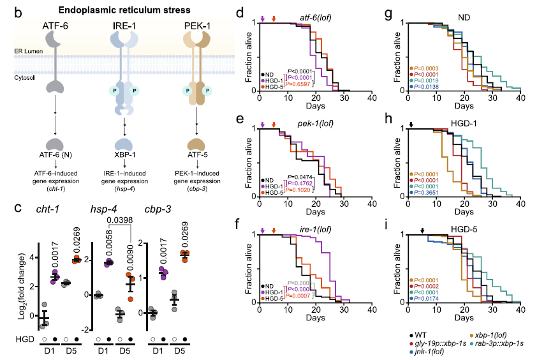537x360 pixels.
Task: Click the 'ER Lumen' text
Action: tap(24, 50)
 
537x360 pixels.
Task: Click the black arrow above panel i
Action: tap(422, 231)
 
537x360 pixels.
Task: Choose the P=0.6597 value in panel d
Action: tap(298, 84)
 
